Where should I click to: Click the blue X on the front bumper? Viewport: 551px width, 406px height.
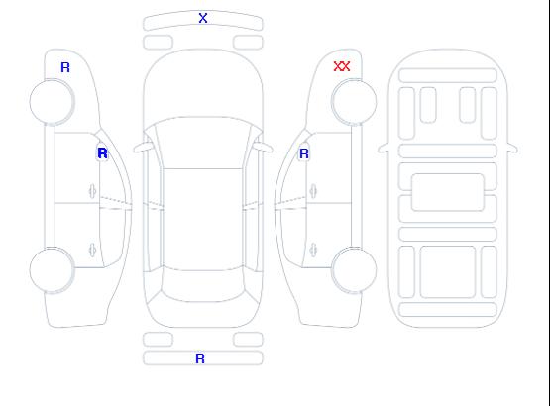(203, 18)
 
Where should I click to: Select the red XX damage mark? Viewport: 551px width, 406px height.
(342, 66)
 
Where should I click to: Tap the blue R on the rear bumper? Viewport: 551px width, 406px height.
(200, 358)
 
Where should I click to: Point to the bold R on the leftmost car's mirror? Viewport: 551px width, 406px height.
(103, 153)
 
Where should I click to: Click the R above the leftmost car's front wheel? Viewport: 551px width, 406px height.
(65, 67)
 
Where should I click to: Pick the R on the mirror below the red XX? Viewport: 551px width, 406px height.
(304, 153)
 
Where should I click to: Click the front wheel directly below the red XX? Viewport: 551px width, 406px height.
(354, 102)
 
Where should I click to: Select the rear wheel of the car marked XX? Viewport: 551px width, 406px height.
(354, 269)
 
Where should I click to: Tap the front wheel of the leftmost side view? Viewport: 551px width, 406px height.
(52, 102)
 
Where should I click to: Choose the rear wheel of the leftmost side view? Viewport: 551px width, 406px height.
(52, 269)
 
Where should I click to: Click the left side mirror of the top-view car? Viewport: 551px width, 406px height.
(142, 148)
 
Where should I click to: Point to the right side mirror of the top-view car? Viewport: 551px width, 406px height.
(264, 148)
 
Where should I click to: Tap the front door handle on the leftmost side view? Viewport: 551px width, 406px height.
(92, 191)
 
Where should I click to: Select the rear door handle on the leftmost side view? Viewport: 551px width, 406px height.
(92, 250)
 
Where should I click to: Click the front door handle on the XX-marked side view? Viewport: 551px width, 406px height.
(313, 191)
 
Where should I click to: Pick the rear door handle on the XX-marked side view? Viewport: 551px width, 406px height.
(313, 250)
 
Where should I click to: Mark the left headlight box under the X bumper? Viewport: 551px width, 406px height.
(159, 43)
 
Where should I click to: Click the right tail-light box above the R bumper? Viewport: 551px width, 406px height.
(248, 340)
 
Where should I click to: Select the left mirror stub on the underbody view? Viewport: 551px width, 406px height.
(384, 149)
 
